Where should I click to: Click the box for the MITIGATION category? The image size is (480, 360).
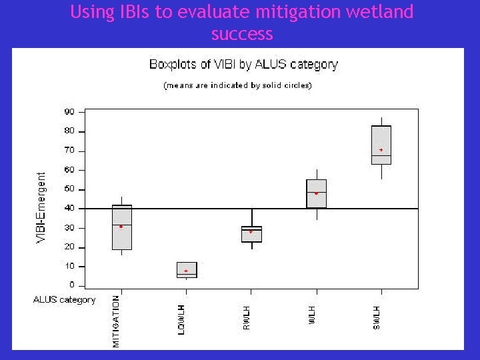[x=122, y=227]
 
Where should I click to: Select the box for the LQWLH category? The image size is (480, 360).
[x=187, y=269]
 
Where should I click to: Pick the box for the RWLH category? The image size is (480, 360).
[x=251, y=234]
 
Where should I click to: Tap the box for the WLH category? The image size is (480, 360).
[x=316, y=193]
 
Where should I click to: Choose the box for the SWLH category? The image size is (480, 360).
[x=381, y=145]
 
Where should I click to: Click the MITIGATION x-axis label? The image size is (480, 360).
[x=117, y=321]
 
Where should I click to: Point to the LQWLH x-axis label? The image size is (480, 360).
[x=181, y=319]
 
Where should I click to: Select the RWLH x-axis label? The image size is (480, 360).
[x=247, y=317]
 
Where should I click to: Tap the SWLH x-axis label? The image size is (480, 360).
[x=377, y=317]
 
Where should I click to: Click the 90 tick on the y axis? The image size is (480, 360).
[x=69, y=111]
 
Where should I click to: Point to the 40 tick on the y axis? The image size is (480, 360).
[x=69, y=209]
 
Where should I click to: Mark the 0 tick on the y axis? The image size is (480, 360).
[x=72, y=285]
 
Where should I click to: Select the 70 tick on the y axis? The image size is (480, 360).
[x=69, y=151]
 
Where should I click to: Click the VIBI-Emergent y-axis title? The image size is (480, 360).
[x=41, y=207]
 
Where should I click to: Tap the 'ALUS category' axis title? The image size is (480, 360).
[x=65, y=299]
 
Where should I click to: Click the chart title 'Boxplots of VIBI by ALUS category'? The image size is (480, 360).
[x=243, y=65]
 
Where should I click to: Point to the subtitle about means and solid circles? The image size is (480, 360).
[x=238, y=85]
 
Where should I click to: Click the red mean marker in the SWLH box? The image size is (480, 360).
[x=381, y=150]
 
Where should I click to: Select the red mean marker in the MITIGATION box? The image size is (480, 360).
[x=121, y=227]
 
